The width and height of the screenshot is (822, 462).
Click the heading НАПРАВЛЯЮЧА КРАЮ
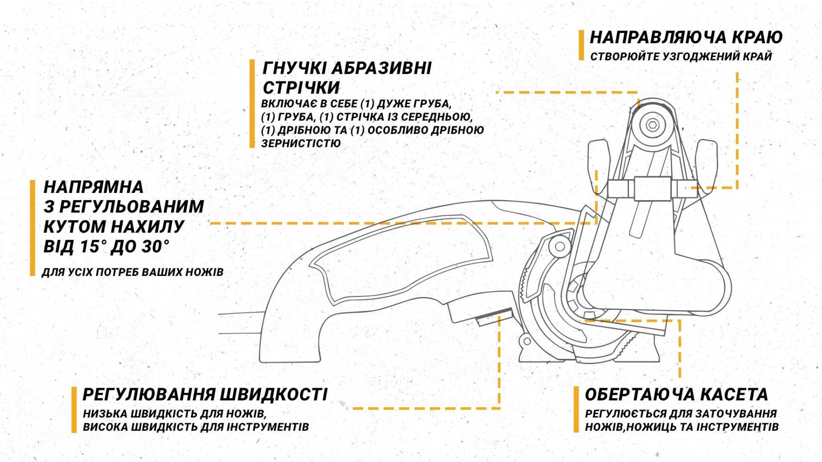[x=686, y=37]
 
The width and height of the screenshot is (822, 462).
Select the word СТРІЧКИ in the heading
[x=301, y=88]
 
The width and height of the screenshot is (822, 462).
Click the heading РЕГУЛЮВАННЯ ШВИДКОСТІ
[x=205, y=395]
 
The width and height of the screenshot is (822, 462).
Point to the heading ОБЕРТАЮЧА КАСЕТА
[x=676, y=395]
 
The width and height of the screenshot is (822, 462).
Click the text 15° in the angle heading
[x=93, y=247]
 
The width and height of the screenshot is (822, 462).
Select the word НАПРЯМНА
[x=94, y=187]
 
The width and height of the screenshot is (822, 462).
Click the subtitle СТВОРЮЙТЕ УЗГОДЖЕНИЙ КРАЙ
[x=681, y=57]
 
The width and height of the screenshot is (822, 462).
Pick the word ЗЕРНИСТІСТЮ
[x=301, y=143]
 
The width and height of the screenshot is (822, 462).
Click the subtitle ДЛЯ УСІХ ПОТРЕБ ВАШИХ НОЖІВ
[x=132, y=272]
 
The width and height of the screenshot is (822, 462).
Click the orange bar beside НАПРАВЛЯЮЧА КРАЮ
[x=581, y=45]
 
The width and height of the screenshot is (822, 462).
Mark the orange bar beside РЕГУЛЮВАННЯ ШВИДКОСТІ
[x=74, y=410]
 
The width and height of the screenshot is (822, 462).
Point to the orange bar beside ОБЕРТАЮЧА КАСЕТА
[x=576, y=410]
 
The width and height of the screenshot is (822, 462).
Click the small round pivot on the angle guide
[x=559, y=247]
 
